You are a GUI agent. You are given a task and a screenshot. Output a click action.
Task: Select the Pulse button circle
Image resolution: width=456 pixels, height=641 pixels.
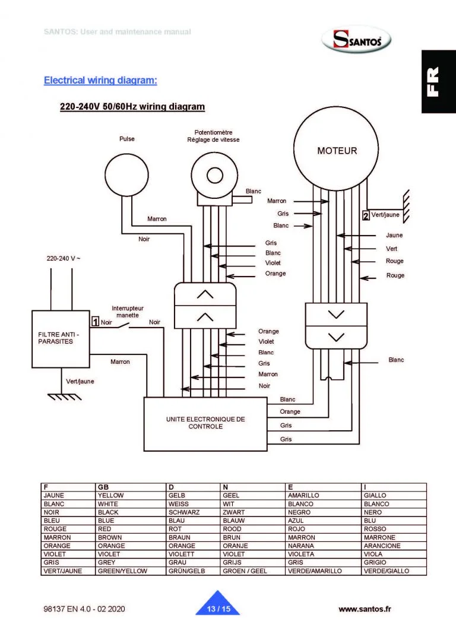[x=126, y=174]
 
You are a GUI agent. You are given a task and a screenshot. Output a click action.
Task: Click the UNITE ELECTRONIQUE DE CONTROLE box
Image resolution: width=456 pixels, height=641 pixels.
[x=205, y=423]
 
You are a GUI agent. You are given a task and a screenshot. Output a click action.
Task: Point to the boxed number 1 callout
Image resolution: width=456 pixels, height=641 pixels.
[x=94, y=322]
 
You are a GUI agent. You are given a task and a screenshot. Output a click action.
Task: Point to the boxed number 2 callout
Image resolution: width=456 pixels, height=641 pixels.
[x=366, y=215]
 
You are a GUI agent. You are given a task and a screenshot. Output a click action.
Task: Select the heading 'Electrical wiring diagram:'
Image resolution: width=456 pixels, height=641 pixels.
[x=100, y=80]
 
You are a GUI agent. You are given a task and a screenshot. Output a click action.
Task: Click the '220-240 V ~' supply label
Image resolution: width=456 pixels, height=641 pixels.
[x=64, y=259]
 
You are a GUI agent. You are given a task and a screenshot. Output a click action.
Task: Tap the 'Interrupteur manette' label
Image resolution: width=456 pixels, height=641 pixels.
[x=127, y=312]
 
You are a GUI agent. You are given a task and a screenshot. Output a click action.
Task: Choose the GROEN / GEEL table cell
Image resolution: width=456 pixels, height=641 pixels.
[x=245, y=571]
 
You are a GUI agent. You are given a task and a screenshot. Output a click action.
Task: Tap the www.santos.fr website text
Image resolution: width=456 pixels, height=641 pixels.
[x=365, y=609]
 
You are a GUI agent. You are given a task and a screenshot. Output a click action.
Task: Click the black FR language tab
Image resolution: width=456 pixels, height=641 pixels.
[x=438, y=81]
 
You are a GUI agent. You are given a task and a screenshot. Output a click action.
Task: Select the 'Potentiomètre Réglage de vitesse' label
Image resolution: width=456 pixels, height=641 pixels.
[x=213, y=136]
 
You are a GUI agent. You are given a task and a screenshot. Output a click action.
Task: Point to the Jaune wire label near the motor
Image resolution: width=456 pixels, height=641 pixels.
[x=394, y=236]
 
